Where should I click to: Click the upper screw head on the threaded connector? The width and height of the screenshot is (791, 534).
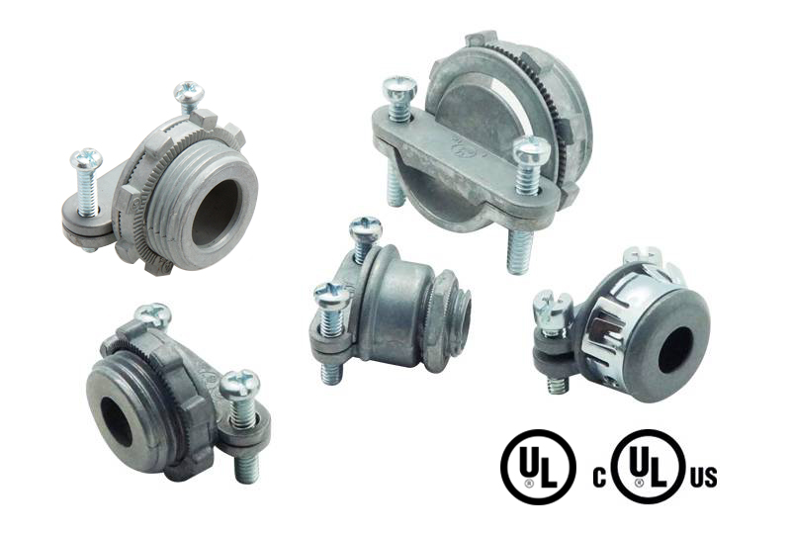coord(188,93)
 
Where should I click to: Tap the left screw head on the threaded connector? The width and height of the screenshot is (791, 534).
coord(86,159)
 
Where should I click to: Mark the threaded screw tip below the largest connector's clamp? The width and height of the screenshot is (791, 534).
coord(518,252)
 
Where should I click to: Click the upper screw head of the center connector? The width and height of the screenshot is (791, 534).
coord(365,230)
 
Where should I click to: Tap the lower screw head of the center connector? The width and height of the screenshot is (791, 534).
coord(329,294)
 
